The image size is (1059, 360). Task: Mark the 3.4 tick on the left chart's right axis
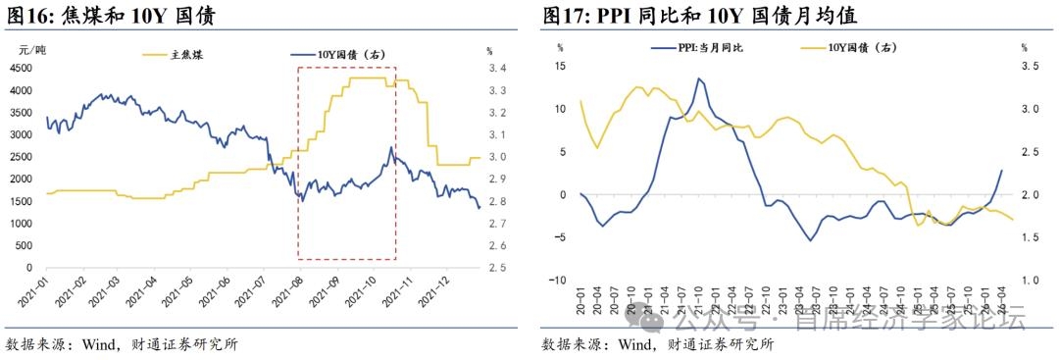click(x=497, y=69)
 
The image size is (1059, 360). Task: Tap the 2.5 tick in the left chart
click(x=497, y=268)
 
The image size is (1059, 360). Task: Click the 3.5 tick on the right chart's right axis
click(x=1030, y=66)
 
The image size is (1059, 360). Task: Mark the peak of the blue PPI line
click(x=698, y=78)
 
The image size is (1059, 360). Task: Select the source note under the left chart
click(x=122, y=344)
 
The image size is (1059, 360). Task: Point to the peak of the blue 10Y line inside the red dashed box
click(x=391, y=146)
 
